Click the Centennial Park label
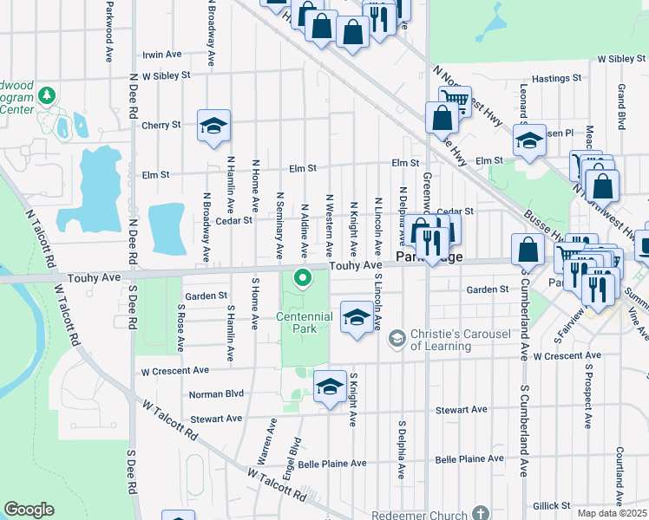click(x=305, y=322)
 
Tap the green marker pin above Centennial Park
click(x=303, y=278)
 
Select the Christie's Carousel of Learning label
click(x=441, y=340)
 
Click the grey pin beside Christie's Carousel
click(x=397, y=338)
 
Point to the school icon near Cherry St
click(x=213, y=126)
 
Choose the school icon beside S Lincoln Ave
click(x=357, y=317)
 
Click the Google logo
click(x=29, y=510)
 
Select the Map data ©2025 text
click(x=611, y=513)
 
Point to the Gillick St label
click(x=552, y=505)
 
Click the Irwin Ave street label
click(x=161, y=54)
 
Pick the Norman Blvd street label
click(x=215, y=393)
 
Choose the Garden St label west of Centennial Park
click(x=206, y=296)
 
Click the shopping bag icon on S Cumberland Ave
click(x=528, y=250)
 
